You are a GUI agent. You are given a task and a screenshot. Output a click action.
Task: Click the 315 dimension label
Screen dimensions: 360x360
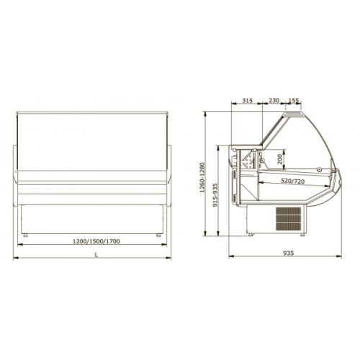coord(247,100)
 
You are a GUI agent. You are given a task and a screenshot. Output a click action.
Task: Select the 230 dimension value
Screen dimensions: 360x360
coord(274,100)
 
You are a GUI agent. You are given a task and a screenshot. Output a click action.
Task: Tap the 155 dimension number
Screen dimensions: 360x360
coord(294,100)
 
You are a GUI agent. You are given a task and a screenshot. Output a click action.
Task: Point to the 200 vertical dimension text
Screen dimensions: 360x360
coord(280,159)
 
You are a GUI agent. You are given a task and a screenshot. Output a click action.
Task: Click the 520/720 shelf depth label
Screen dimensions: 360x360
coord(293,181)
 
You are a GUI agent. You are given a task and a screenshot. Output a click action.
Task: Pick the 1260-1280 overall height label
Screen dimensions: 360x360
coord(202,177)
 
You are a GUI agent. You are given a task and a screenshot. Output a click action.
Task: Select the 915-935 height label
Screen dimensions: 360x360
coord(215,195)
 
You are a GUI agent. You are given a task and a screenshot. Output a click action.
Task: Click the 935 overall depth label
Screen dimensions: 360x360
coord(288,253)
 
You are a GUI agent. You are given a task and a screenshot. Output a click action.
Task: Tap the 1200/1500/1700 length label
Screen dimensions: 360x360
coord(96,241)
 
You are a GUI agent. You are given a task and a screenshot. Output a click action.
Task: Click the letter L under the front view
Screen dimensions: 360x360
coord(96,255)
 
